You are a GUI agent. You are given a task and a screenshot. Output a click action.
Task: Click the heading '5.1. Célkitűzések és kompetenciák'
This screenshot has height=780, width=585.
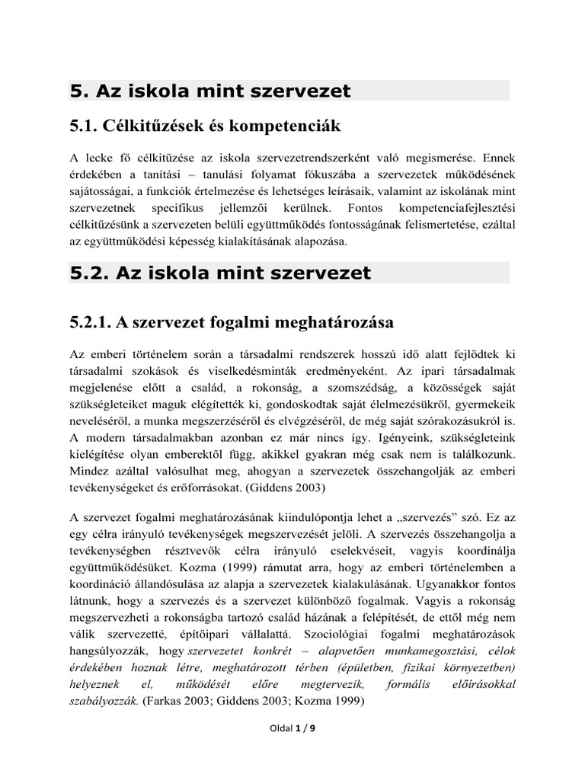tap(204, 125)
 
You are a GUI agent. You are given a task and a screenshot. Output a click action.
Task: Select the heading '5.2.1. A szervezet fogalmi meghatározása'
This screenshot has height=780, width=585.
tap(231, 322)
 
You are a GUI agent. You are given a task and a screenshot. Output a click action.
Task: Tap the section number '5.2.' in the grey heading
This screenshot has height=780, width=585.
tap(89, 273)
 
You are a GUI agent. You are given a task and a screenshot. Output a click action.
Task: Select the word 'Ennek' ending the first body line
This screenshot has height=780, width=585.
tap(496, 158)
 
